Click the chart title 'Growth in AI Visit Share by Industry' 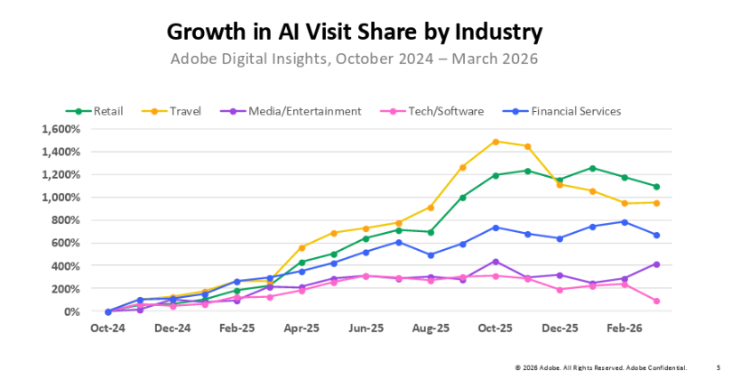[355, 32]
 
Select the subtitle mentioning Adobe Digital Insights [355, 60]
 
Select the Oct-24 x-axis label [107, 330]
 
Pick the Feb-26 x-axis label [624, 330]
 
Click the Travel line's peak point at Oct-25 [496, 142]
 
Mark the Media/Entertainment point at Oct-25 [496, 262]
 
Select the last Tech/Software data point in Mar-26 [656, 301]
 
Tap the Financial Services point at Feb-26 [624, 222]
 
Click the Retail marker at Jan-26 [592, 168]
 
